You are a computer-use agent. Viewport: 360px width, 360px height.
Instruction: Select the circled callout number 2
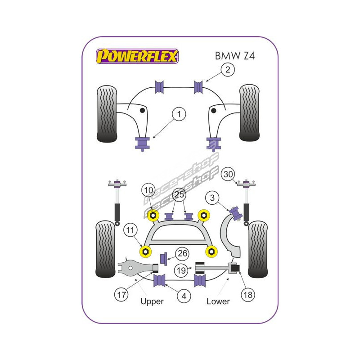click(228, 69)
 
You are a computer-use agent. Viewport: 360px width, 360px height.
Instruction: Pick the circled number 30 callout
click(228, 175)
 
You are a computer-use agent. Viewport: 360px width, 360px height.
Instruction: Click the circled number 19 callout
click(181, 271)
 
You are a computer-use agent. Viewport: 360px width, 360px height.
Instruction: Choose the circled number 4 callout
click(184, 296)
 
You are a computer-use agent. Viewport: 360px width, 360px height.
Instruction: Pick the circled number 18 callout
click(247, 295)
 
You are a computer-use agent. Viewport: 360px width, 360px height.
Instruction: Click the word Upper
click(152, 301)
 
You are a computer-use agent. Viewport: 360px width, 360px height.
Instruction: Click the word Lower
click(218, 301)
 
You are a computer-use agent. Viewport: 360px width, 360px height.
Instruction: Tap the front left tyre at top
click(107, 113)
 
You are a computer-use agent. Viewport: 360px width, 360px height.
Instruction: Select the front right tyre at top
click(249, 113)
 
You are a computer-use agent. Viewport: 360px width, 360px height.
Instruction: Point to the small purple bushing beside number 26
click(165, 257)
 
